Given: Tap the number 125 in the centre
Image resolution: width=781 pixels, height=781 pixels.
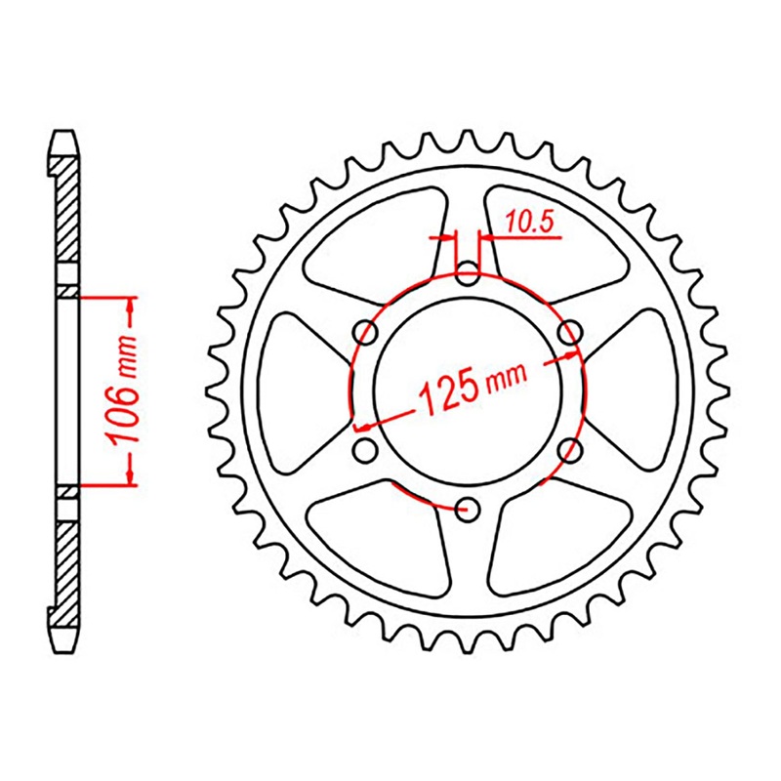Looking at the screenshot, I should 448,390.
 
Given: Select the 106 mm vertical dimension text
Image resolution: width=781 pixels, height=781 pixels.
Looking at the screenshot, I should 125,390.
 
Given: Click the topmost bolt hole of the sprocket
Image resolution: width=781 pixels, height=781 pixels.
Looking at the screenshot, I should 468,272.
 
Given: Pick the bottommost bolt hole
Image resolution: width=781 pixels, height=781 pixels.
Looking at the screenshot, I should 468,508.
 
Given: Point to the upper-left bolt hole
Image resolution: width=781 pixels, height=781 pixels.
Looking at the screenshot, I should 366,332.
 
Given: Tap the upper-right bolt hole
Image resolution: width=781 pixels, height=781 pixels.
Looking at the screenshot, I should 569,332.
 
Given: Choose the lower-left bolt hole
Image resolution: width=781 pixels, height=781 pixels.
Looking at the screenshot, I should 366,450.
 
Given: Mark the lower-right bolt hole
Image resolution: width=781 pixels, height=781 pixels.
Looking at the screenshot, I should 570,449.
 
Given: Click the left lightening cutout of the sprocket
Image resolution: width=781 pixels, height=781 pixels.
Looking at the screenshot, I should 298,390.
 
